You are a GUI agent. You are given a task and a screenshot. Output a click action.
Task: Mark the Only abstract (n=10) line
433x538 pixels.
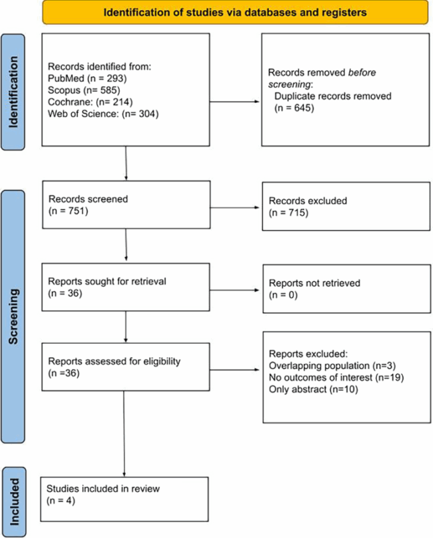[x=305, y=388]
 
